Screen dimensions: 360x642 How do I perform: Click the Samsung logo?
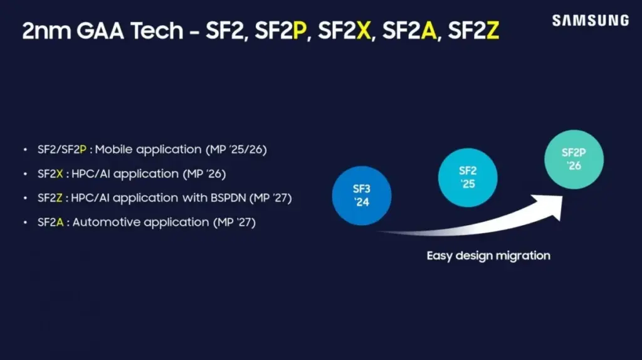tap(590, 20)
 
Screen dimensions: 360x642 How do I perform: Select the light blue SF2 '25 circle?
tap(468, 177)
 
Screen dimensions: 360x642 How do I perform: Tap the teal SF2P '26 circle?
tap(574, 159)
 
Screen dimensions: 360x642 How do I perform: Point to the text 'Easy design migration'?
tap(488, 255)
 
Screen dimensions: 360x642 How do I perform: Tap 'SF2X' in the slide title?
tap(344, 32)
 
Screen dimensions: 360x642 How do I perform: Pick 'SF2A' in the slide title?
tap(408, 32)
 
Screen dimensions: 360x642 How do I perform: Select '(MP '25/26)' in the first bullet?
tap(243, 149)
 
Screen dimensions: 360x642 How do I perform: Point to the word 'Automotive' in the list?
tap(102, 222)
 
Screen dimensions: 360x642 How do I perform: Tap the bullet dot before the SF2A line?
tap(24, 223)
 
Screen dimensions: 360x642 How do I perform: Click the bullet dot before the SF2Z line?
tap(24, 198)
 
